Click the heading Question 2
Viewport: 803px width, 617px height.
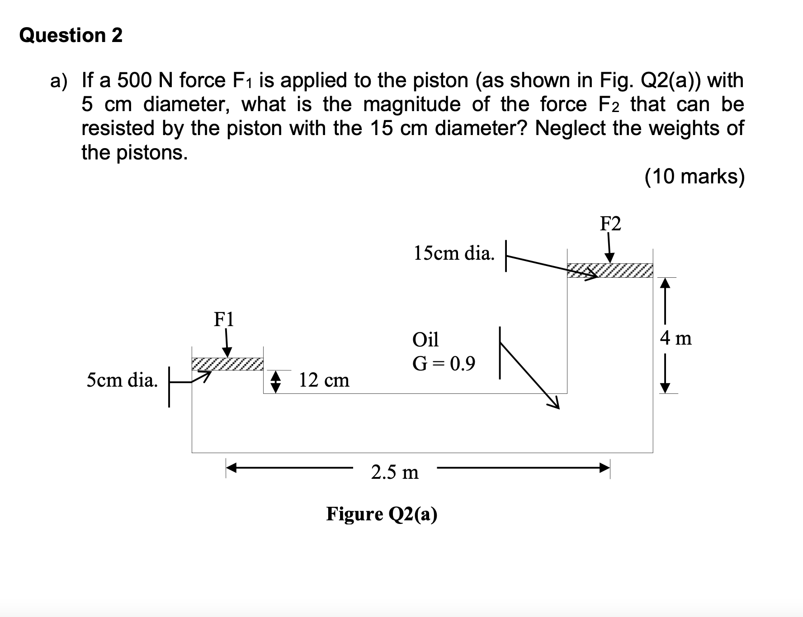click(71, 35)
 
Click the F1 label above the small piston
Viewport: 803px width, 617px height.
click(224, 319)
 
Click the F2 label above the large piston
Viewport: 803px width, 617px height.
click(610, 224)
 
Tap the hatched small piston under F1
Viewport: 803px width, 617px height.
click(227, 364)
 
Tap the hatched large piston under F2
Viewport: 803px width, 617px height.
click(609, 270)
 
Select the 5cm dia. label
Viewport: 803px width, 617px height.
click(122, 380)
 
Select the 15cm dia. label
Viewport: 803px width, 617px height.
click(453, 253)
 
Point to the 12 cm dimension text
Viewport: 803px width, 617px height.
click(324, 380)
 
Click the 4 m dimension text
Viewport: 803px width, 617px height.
click(675, 338)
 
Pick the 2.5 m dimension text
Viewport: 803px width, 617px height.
click(395, 472)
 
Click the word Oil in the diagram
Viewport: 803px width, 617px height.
click(425, 339)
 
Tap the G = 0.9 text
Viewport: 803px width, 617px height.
click(444, 364)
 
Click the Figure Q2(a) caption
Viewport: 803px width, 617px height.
click(382, 514)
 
